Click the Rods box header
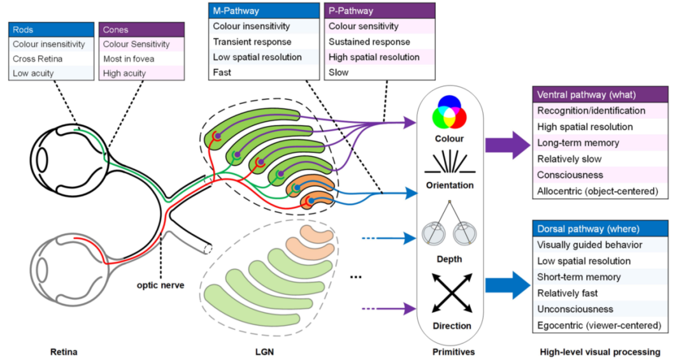click(x=51, y=30)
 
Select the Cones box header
click(x=141, y=30)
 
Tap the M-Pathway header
click(x=264, y=11)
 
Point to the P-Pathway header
click(x=380, y=11)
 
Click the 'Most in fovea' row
click(x=141, y=59)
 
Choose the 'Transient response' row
click(x=264, y=41)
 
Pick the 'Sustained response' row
click(x=380, y=41)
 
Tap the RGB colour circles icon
click(x=449, y=113)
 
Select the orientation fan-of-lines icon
click(x=449, y=163)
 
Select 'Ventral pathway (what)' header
click(x=600, y=95)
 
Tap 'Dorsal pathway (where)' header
click(x=600, y=229)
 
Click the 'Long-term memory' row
click(x=600, y=143)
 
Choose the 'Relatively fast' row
click(x=600, y=293)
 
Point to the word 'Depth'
click(x=449, y=259)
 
